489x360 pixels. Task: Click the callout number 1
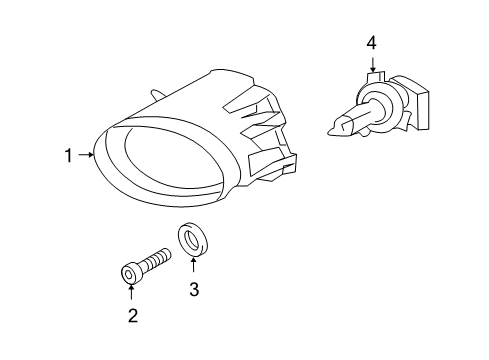pos(68,155)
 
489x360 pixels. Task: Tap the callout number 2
pos(131,316)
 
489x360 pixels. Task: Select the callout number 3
pos(194,290)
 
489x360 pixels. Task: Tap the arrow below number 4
pos(371,64)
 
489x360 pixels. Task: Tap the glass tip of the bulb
pos(335,126)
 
